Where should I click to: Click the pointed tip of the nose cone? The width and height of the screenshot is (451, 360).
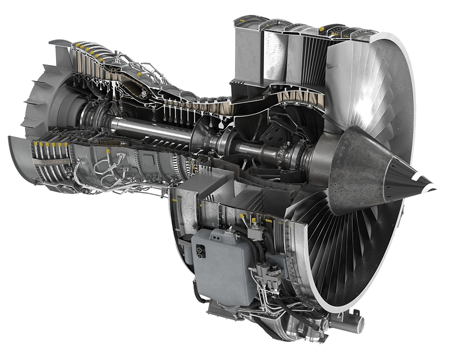coord(437,187)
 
